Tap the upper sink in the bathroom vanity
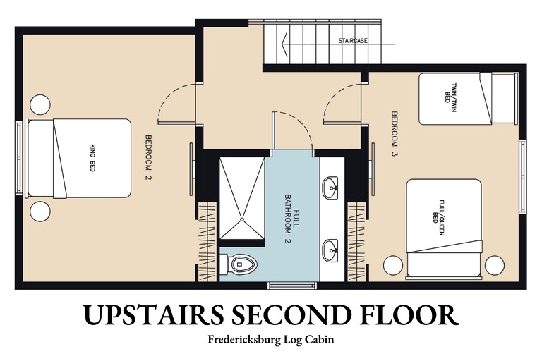coord(330,188)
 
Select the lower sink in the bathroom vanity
coord(330,250)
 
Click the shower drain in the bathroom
coord(242,219)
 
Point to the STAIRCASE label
coord(353,41)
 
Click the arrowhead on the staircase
coord(286,44)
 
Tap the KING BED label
coord(92,158)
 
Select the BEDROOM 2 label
coord(149,157)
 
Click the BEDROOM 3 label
coord(395,134)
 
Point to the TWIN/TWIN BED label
coord(450,93)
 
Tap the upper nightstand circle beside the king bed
coord(40,104)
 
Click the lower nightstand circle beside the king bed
coord(40,212)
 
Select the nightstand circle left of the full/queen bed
coord(393,265)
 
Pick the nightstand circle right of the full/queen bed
coord(494,265)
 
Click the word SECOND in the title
coord(289,314)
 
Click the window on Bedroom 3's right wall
coord(523,176)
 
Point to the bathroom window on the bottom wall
coord(292,286)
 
